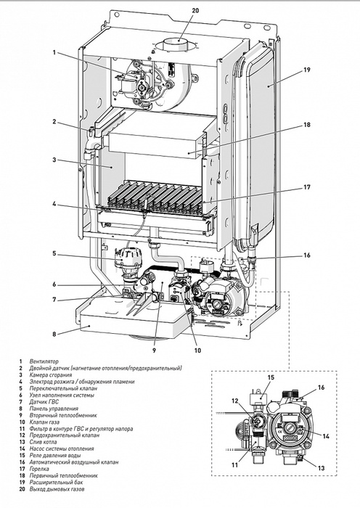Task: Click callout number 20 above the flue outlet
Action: [x=195, y=10]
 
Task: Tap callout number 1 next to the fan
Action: [x=54, y=52]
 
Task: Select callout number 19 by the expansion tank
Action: [x=307, y=70]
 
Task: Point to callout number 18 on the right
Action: [x=307, y=124]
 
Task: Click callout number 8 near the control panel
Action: [x=54, y=334]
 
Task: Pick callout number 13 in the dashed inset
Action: [x=321, y=468]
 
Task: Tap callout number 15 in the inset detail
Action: [x=271, y=377]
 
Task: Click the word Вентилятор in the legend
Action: [x=44, y=361]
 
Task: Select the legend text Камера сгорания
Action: [x=51, y=375]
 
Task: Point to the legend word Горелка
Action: [x=39, y=469]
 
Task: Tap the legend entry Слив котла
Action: [x=43, y=441]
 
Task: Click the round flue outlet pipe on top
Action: [x=177, y=44]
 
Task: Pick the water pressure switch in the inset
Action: [x=258, y=398]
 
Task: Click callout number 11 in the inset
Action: [x=234, y=464]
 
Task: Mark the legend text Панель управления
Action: [x=54, y=408]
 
